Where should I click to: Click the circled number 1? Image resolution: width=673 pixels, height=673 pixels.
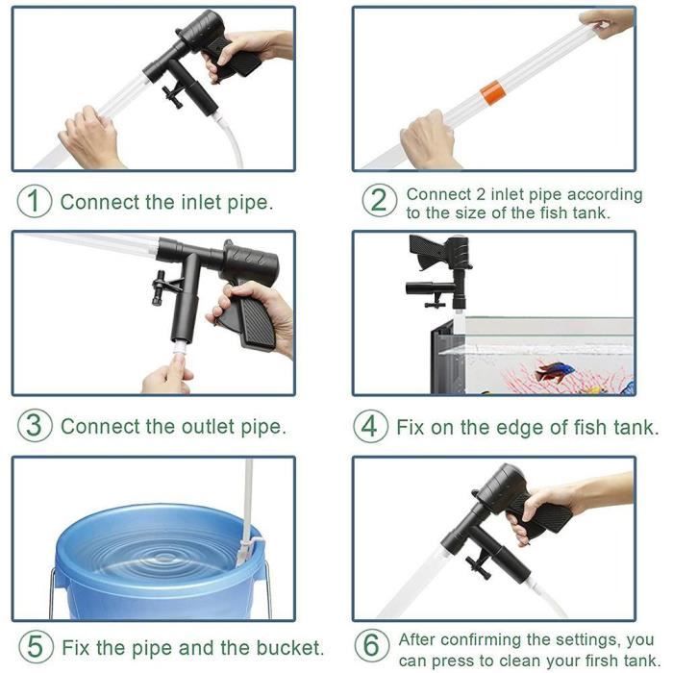[35, 202]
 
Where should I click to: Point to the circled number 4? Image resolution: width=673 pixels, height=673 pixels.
[370, 426]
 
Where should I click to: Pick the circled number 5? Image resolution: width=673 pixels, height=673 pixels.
[35, 646]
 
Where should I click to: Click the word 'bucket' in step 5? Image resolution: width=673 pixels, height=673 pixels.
[291, 646]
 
